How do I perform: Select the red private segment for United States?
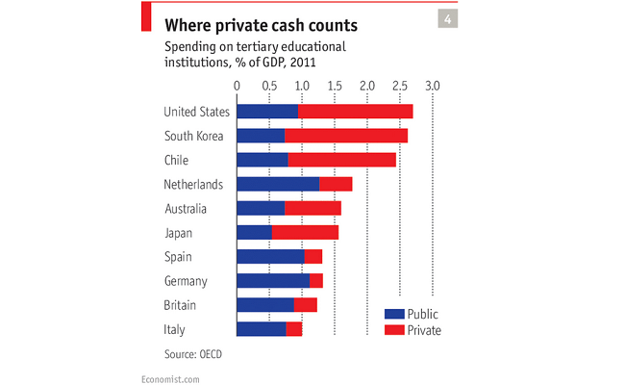pos(355,112)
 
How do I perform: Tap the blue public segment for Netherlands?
pos(277,184)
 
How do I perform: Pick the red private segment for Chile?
pos(341,160)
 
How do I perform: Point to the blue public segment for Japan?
pos(254,232)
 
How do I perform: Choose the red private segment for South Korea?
pos(345,136)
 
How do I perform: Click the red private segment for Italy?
pos(294,329)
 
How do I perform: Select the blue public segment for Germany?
pos(272,280)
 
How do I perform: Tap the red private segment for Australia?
pos(312,208)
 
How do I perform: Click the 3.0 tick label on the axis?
pos(433,86)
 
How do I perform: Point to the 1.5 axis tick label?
pos(335,86)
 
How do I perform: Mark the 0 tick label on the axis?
pos(237,86)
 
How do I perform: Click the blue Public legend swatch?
pos(393,314)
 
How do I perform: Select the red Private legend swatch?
pos(393,330)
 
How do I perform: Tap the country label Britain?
pos(181,305)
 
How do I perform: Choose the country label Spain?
pos(179,257)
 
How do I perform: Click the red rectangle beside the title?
pos(146,17)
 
